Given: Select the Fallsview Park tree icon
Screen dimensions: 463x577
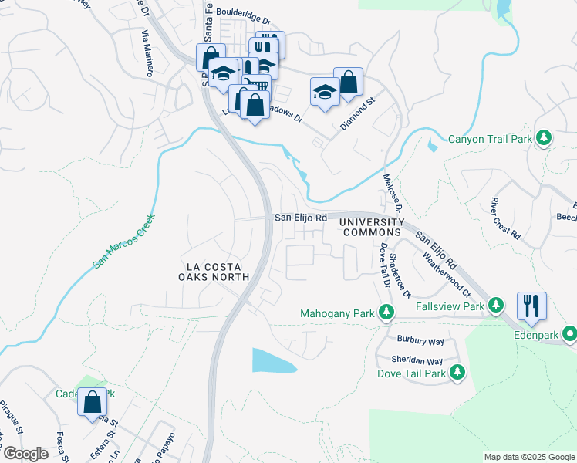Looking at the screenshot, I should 498,306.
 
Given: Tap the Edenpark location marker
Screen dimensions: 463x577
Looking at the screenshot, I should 570,334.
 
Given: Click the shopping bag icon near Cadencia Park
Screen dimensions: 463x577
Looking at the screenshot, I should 93,401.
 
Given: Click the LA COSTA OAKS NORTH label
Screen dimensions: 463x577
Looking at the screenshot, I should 214,271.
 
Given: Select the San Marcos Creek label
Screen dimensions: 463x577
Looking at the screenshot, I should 123,241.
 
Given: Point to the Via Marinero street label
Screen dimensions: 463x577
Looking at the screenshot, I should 146,52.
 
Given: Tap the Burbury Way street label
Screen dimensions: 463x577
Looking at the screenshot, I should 420,340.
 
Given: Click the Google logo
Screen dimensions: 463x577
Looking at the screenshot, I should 25,454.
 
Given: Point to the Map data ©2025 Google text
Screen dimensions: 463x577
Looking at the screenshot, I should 528,457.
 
